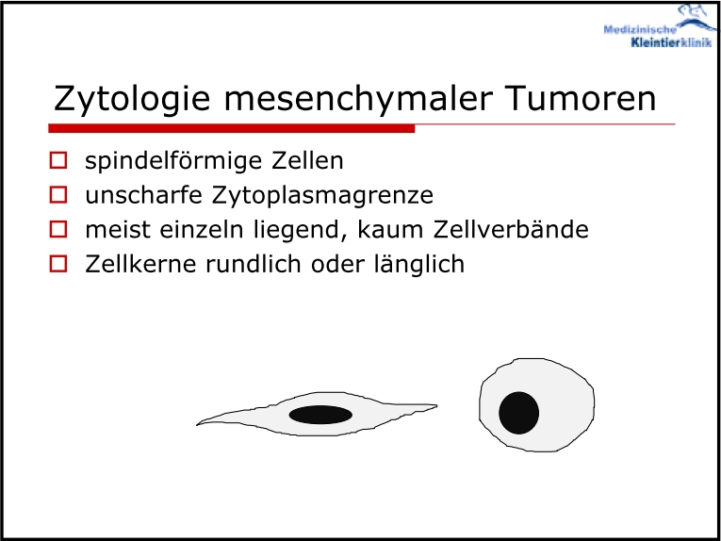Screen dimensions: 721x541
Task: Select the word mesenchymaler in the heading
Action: pos(359,98)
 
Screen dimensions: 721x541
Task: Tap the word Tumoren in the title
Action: pos(581,98)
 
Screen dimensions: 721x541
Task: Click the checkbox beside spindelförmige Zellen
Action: pos(58,160)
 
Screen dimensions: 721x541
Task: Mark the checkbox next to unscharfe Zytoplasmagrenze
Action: pos(58,194)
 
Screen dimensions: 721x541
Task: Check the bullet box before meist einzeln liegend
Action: pos(58,229)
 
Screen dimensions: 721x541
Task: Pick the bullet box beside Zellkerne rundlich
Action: pos(58,264)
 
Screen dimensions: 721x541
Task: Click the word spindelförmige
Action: pos(173,162)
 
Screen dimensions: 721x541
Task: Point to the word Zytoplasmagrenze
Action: pos(322,196)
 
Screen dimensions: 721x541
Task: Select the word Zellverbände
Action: pos(511,229)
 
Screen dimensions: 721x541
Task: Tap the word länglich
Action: pos(418,265)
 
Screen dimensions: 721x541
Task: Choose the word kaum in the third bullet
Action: pos(391,229)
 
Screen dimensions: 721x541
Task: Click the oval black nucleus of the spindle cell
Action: pos(321,415)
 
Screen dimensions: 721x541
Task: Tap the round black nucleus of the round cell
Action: pos(519,413)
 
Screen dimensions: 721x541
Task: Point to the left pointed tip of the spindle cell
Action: pos(197,424)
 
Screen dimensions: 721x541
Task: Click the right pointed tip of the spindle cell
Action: pos(436,405)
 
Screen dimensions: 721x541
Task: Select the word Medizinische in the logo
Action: pos(640,30)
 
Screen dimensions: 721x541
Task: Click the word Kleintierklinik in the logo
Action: pos(672,42)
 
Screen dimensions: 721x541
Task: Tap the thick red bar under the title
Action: pos(232,129)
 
